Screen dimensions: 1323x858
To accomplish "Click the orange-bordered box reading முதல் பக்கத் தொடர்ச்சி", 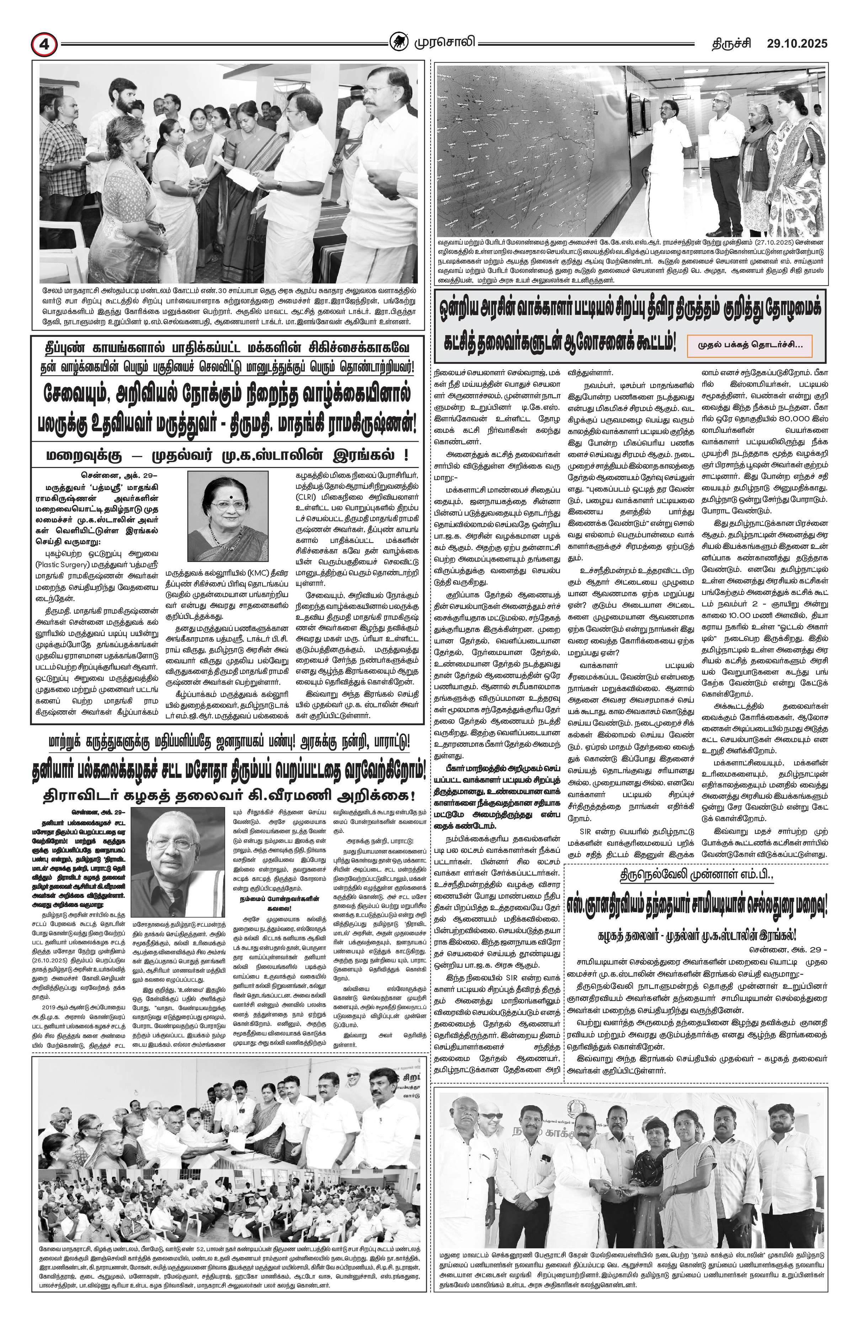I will click(x=749, y=345).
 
